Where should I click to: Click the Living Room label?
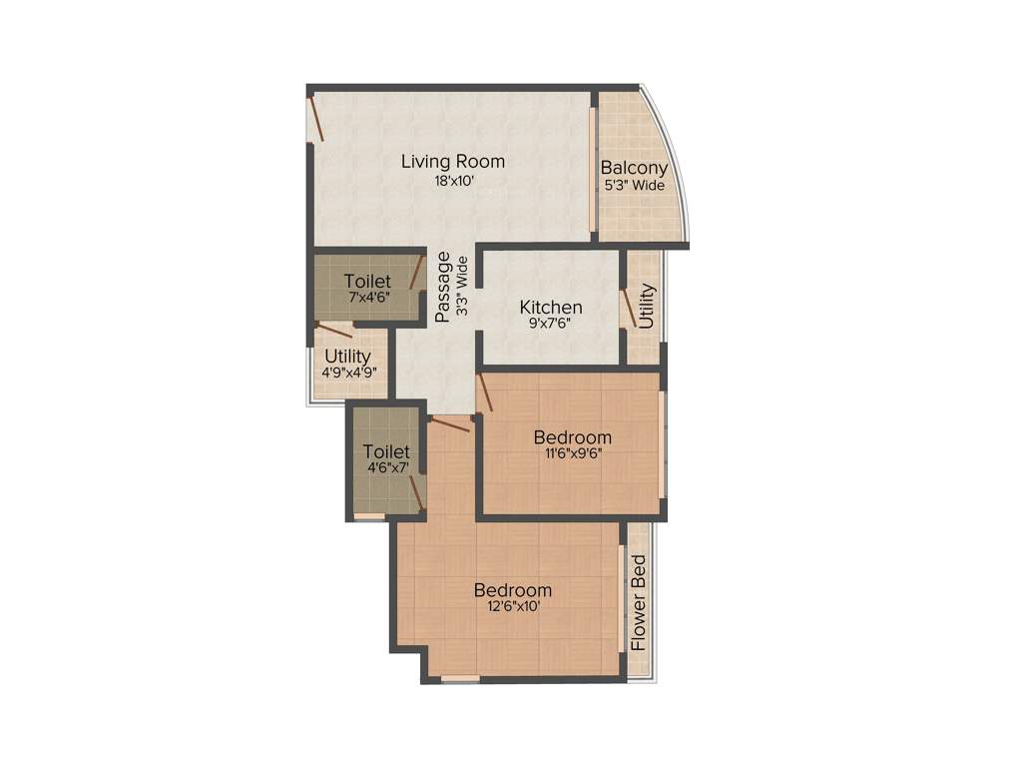453,161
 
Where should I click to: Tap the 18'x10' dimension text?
453,182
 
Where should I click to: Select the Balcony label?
634,168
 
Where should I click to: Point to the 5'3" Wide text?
634,185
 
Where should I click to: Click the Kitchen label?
551,307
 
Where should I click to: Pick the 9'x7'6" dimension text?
551,324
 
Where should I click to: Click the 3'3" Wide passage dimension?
462,287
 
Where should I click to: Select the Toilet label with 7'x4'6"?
367,282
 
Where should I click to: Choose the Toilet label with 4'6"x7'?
386,451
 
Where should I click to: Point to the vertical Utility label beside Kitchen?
646,307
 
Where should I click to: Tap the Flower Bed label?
640,603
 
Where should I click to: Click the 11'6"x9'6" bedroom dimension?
572,452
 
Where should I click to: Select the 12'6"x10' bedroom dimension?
513,605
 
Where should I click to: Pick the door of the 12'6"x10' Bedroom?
449,426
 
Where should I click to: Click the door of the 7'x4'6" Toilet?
417,273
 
